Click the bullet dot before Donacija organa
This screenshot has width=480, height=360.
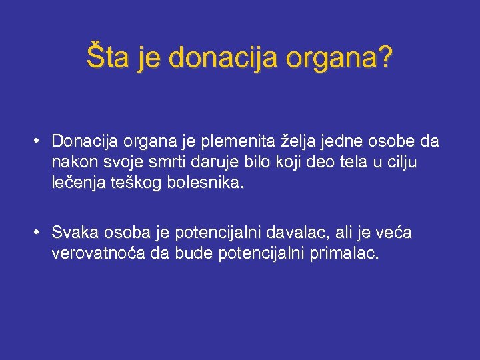[40, 141]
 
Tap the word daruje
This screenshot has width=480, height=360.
[217, 162]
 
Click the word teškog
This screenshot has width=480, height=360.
[137, 183]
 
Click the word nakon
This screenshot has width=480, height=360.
[71, 162]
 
